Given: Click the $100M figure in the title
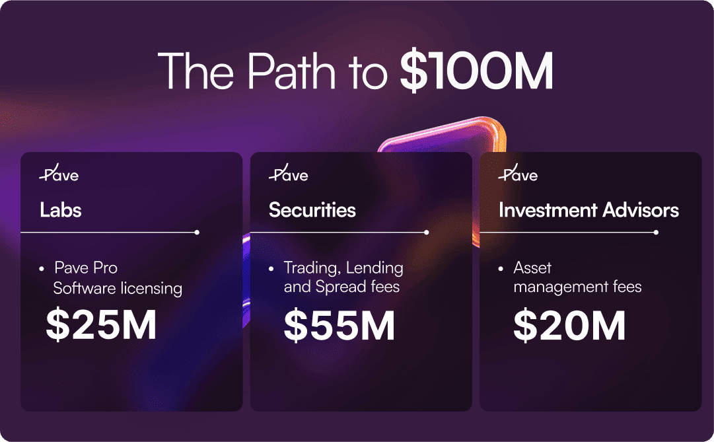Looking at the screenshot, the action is tap(477, 71).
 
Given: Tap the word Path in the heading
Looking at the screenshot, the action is tap(291, 71).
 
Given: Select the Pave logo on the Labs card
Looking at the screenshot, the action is tap(59, 172).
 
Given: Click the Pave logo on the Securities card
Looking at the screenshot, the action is tap(288, 172).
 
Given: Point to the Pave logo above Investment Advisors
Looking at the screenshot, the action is tap(518, 172).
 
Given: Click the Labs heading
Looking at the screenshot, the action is tap(61, 210).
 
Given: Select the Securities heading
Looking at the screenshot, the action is tap(312, 210).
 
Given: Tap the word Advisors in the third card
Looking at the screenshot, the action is tap(641, 210).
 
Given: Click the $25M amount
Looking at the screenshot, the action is tap(101, 324).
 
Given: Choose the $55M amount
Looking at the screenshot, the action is tap(339, 325).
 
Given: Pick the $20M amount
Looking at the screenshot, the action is tap(569, 325).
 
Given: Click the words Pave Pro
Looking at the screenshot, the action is tap(86, 268).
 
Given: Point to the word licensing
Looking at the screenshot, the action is tap(152, 289).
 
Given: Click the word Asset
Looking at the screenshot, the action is tap(532, 268).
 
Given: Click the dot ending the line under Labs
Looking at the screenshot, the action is tap(197, 233).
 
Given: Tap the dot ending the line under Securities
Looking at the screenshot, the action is tap(426, 233).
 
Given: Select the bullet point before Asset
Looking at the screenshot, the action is tap(501, 269).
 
